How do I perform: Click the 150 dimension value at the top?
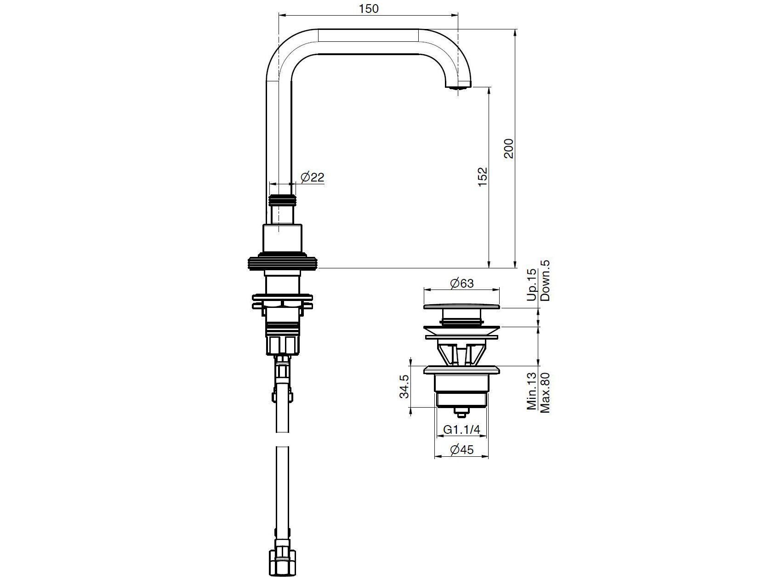tap(369, 8)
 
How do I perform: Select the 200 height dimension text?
tap(509, 148)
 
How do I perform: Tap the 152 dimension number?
tap(482, 176)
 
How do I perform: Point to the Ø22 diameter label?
tap(313, 177)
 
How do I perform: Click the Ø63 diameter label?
tap(461, 283)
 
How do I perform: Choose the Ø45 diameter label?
tap(461, 449)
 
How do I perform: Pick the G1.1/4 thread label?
tap(461, 430)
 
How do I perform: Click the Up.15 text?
tap(532, 285)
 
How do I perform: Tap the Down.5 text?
tap(545, 280)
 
